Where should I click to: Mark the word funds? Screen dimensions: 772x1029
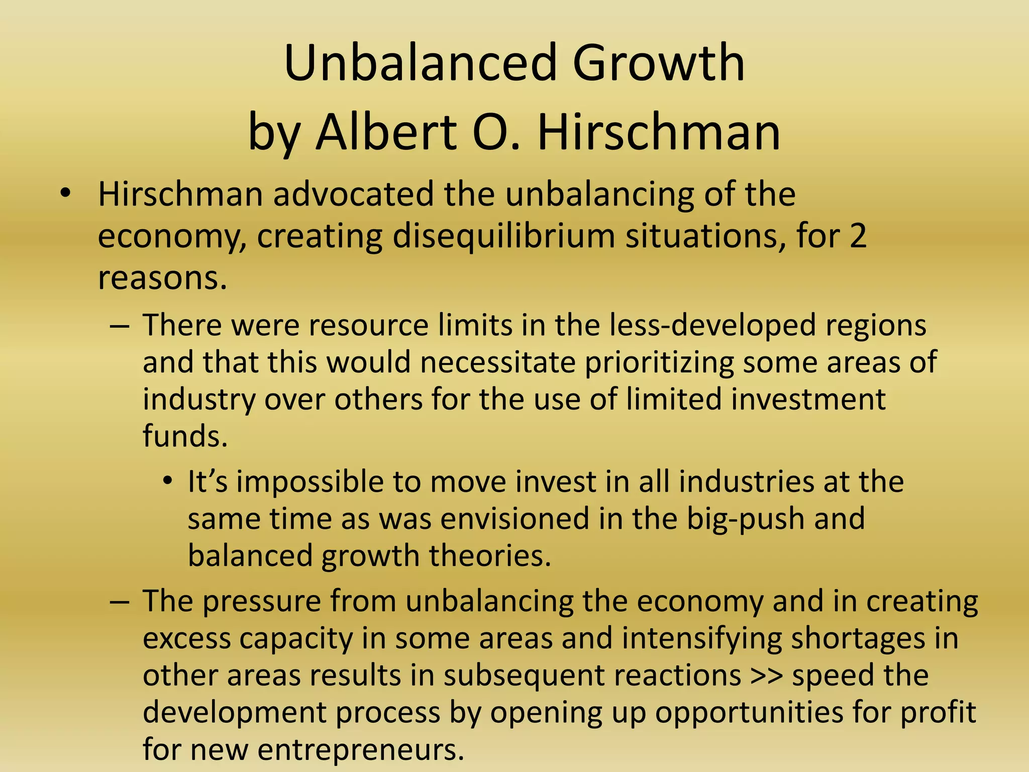click(x=185, y=436)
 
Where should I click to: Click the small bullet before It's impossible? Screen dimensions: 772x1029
click(x=168, y=481)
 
